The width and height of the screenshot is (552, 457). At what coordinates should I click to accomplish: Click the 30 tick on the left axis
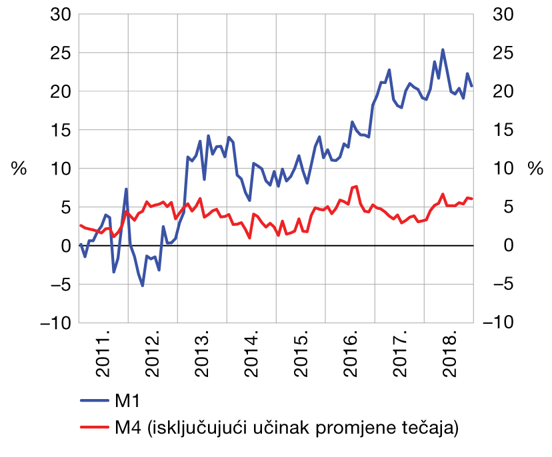(59, 14)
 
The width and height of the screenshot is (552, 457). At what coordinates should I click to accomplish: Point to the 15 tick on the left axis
(59, 130)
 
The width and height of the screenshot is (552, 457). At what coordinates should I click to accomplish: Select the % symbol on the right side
(535, 169)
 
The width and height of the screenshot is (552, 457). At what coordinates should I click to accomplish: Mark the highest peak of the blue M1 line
(443, 49)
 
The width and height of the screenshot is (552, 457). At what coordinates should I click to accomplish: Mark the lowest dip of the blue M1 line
(143, 286)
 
